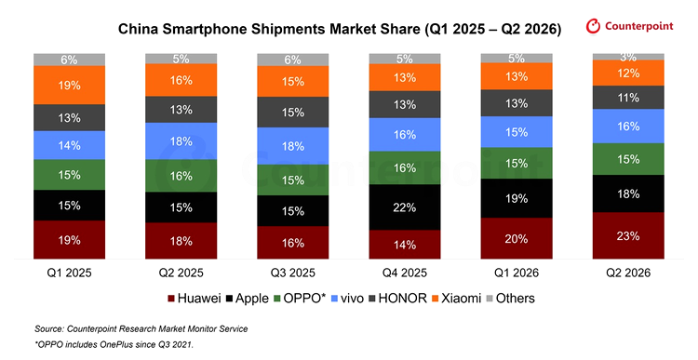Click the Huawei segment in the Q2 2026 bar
pos(628,235)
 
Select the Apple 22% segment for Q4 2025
pos(405,207)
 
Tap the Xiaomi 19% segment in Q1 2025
pos(70,85)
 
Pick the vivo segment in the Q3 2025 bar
pos(293,146)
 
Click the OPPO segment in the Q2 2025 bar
pos(181,176)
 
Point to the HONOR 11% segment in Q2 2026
pos(628,98)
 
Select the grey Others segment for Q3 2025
pos(293,60)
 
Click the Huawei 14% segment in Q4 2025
pos(405,245)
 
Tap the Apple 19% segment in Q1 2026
pos(517,198)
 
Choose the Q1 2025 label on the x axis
pos(70,273)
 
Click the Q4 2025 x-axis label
pos(405,273)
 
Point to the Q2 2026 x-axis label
pos(628,273)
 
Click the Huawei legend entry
pos(195,299)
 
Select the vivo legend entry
pos(347,299)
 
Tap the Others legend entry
pos(511,299)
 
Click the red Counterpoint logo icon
pos(593,26)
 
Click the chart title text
pos(339,29)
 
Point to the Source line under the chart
pos(141,329)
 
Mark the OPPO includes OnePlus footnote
pos(114,344)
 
